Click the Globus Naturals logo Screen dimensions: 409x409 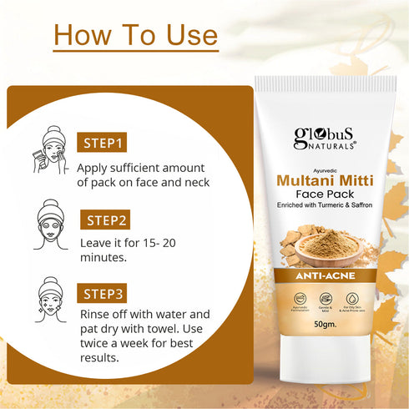click(325, 137)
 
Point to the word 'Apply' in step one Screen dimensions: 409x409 click(97, 166)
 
